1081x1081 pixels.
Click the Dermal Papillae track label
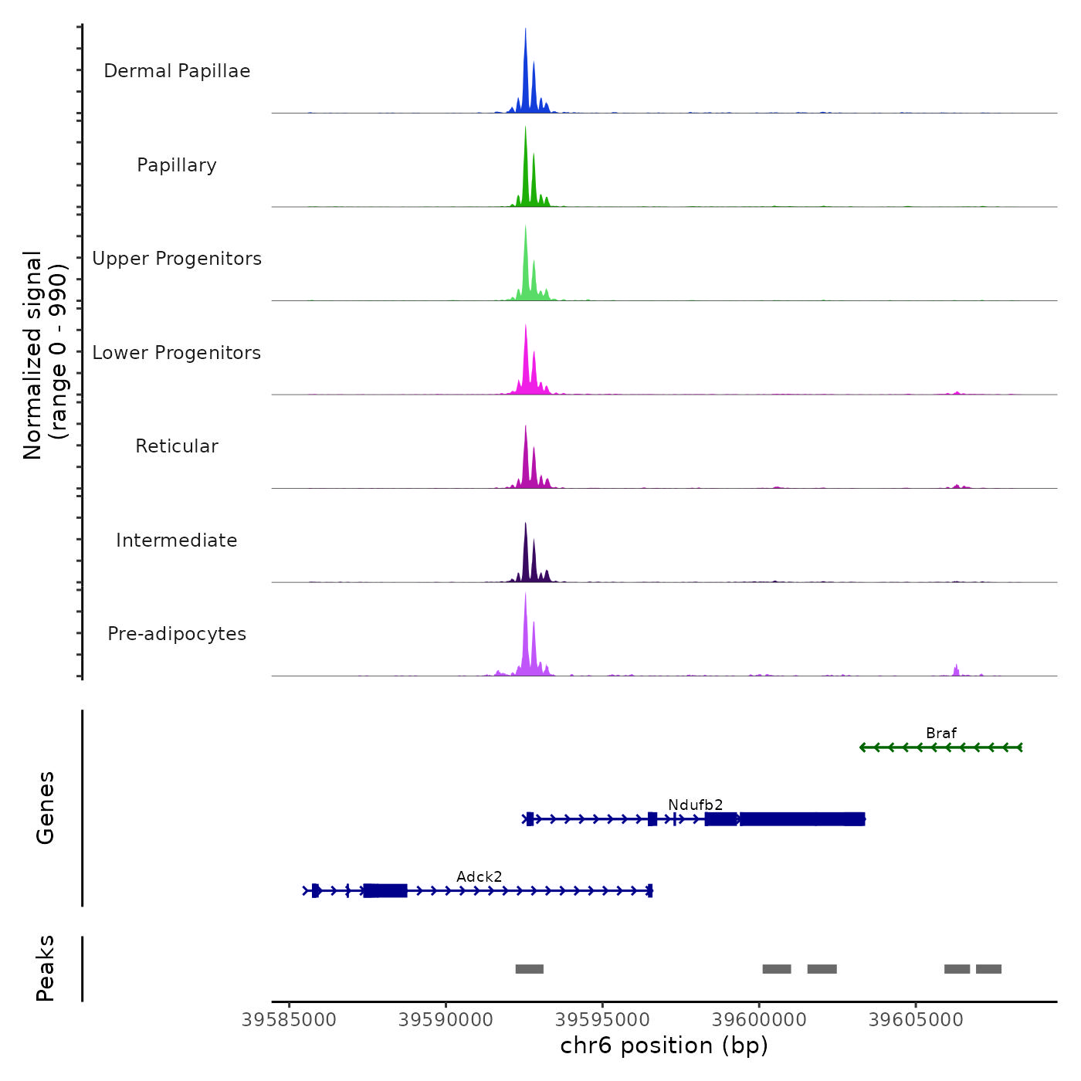tap(177, 71)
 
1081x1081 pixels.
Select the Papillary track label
tap(177, 165)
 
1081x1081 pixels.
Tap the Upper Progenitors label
tap(177, 259)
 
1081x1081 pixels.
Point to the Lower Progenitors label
tap(177, 353)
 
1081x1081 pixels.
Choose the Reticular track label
tap(177, 446)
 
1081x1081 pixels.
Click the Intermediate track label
tap(177, 540)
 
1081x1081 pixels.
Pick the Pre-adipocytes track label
tap(177, 634)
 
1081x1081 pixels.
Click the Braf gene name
tap(941, 733)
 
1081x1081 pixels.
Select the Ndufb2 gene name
tap(695, 805)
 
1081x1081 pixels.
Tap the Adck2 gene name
tap(479, 876)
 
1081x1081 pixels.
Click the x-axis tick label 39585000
tap(289, 1020)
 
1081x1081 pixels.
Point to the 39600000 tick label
tap(759, 1020)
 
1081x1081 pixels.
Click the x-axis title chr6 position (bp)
tap(664, 1045)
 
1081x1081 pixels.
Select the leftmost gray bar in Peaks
tap(530, 969)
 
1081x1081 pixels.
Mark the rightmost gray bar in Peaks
tap(988, 969)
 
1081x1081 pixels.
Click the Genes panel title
tap(45, 808)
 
